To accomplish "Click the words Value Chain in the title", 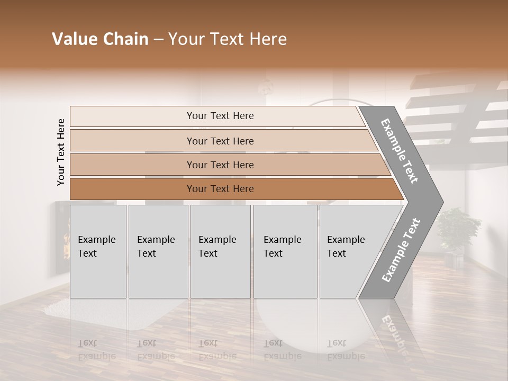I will coord(100,39).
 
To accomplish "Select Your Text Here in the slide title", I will coord(228,39).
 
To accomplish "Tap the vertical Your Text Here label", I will coord(61,152).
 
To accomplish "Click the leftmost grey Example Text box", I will coord(98,251).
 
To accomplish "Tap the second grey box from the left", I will coord(158,251).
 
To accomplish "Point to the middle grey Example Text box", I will coord(220,251).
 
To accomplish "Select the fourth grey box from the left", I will coord(285,251).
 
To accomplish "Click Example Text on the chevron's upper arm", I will coord(400,151).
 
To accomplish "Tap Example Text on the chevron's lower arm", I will coord(401,250).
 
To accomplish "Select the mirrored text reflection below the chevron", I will coord(394,331).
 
